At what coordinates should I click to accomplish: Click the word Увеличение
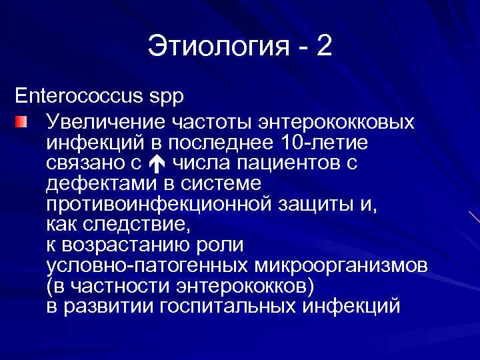106,123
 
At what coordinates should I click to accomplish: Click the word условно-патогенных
147,266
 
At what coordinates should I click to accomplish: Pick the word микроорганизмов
341,266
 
